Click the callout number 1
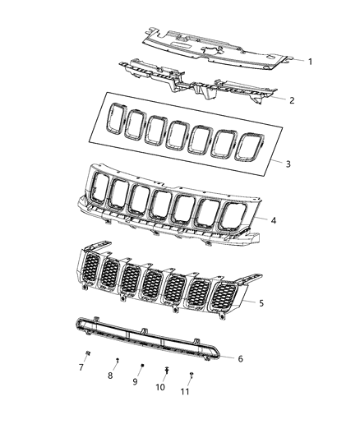click(310, 62)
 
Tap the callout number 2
click(291, 100)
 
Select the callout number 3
click(288, 164)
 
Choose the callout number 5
click(261, 304)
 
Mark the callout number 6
click(240, 358)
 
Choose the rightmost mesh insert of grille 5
click(223, 300)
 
